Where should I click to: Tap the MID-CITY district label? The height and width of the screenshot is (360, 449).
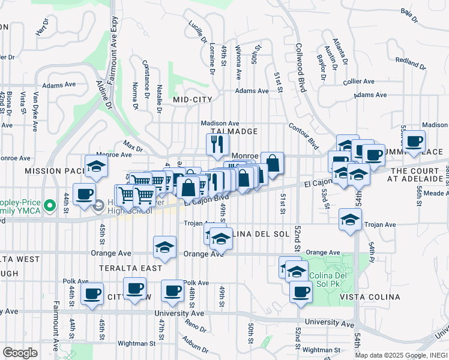(193, 99)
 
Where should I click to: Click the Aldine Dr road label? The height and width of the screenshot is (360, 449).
(104, 95)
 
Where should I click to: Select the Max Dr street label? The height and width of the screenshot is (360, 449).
(133, 146)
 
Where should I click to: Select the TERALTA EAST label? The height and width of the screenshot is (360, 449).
(131, 268)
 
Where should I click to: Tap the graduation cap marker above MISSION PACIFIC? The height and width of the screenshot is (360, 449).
(96, 167)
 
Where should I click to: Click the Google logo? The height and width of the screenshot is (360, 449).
(20, 353)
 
